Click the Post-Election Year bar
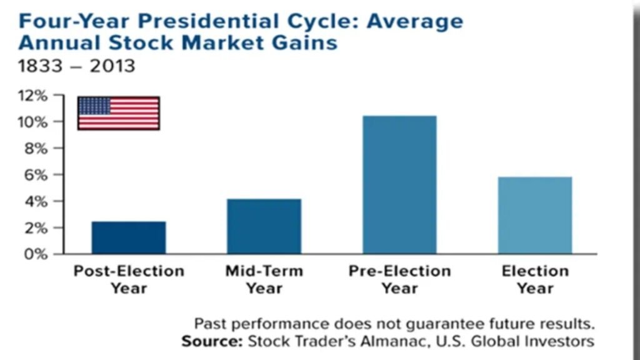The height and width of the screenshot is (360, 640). [129, 237]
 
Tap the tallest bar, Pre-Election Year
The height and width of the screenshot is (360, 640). [399, 184]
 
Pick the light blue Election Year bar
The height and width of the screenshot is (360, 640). [535, 215]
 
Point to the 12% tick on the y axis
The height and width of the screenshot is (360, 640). [36, 96]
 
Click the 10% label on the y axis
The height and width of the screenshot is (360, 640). [36, 122]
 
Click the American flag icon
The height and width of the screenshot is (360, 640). [118, 113]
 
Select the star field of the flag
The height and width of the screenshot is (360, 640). [94, 106]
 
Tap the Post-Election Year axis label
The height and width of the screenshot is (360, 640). [129, 279]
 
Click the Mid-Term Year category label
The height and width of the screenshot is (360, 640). [264, 279]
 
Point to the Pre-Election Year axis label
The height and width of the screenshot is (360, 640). [399, 279]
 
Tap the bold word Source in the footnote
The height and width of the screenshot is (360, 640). [211, 342]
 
